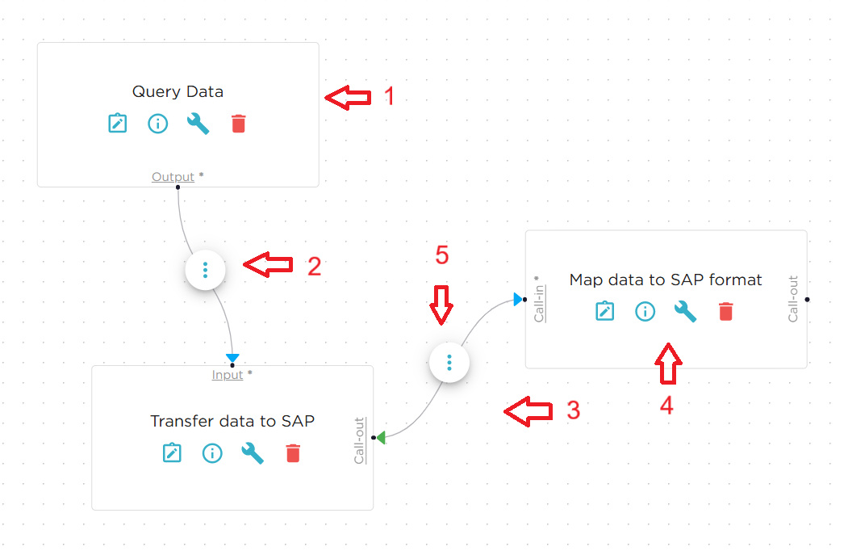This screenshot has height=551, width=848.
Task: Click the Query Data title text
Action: click(x=178, y=91)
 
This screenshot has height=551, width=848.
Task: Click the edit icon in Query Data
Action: click(x=118, y=124)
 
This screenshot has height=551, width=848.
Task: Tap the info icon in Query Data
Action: click(x=157, y=124)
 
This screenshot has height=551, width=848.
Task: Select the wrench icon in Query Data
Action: click(x=198, y=124)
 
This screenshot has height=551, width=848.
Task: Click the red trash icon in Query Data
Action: click(x=238, y=124)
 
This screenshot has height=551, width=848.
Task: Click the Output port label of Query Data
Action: click(x=173, y=177)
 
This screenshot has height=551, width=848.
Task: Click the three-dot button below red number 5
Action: click(x=449, y=362)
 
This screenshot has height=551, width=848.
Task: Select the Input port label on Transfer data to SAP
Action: click(x=228, y=375)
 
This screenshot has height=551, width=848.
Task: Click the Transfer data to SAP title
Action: click(x=232, y=421)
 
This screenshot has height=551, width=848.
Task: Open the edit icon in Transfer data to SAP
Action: click(x=172, y=453)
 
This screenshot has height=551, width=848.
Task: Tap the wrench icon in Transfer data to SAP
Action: click(x=253, y=453)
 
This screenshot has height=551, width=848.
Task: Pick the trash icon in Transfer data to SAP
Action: click(x=293, y=453)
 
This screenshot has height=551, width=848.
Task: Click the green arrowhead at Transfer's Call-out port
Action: click(x=381, y=437)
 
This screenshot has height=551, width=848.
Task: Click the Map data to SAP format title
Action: click(x=666, y=280)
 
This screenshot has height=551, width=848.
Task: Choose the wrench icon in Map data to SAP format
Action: click(x=685, y=311)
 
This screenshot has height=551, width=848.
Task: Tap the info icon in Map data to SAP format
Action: click(x=645, y=311)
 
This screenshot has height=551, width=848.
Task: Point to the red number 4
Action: click(x=666, y=406)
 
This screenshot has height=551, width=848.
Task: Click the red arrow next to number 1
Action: click(x=348, y=97)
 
